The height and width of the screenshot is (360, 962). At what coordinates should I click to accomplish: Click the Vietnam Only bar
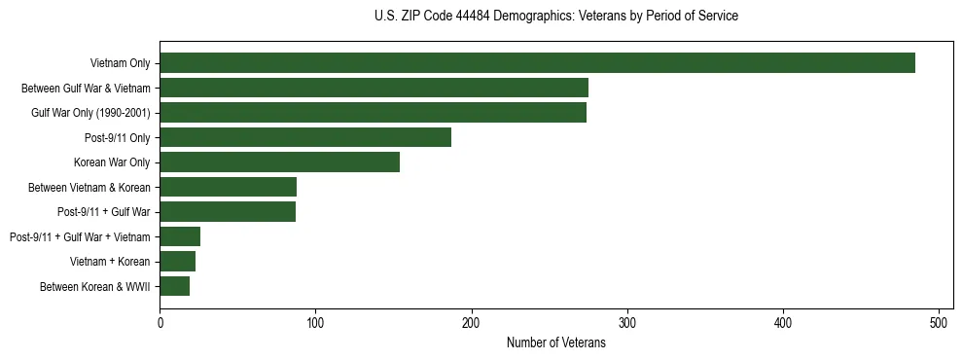coord(537,63)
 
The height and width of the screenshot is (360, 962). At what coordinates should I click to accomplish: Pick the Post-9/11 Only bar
coord(305,137)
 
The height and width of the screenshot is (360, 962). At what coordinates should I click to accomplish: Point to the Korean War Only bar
coord(279,162)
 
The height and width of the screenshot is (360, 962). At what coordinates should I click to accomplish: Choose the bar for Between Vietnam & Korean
coord(228,187)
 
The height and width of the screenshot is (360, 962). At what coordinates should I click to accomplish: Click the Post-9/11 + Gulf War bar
coord(228,212)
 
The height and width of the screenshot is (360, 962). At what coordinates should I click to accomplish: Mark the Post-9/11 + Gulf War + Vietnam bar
coord(180,236)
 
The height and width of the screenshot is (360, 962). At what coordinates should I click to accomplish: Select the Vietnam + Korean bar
coord(177,262)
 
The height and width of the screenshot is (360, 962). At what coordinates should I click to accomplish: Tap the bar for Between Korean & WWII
coord(174,286)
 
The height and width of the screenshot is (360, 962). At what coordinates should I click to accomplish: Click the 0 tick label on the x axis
coord(160,322)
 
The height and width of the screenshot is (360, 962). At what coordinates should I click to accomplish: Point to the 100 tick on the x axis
coord(315,322)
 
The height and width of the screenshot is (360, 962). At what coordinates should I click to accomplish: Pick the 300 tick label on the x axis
coord(627,322)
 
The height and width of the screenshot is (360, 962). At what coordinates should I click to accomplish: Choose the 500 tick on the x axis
coord(940,322)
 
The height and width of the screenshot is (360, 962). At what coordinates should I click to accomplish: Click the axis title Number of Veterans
coord(555,342)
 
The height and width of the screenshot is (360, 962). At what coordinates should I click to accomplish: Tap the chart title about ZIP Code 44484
coord(555,17)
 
